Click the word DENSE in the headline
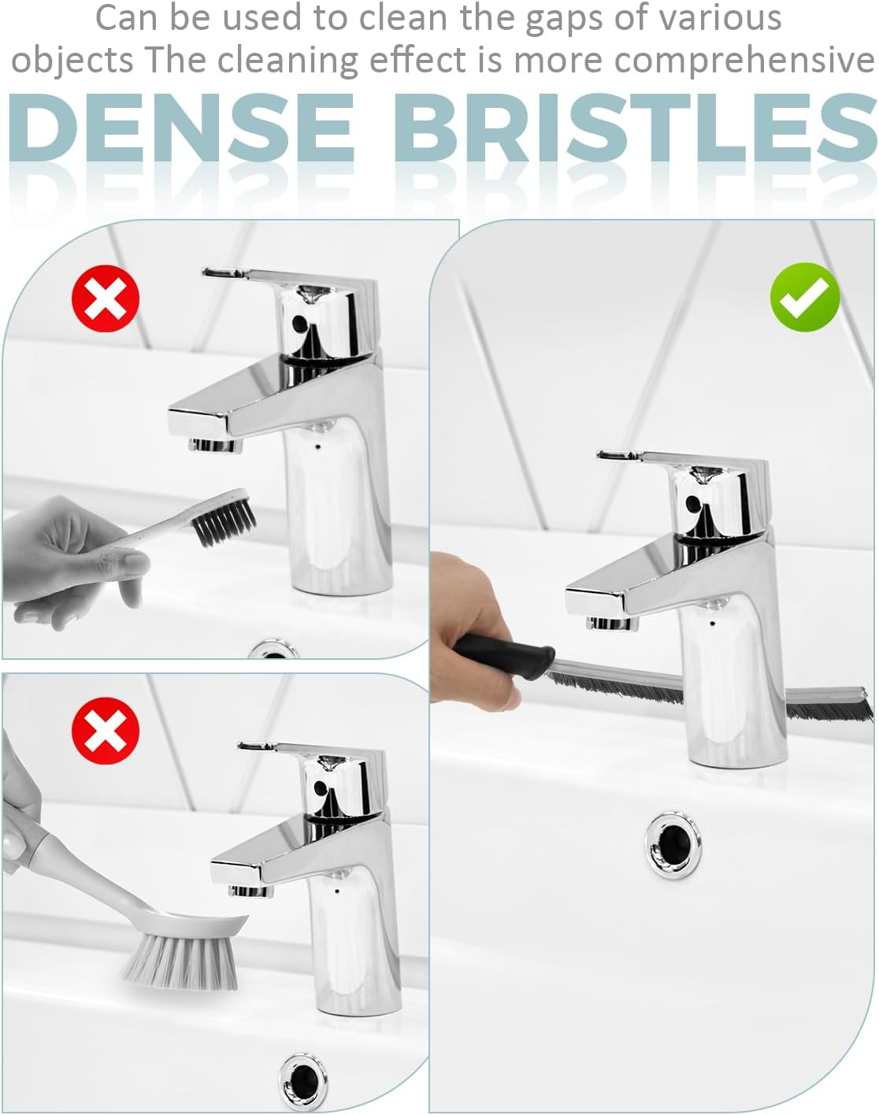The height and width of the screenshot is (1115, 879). (x=181, y=128)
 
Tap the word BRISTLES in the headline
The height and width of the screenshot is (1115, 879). (x=636, y=128)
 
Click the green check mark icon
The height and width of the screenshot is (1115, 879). (x=804, y=297)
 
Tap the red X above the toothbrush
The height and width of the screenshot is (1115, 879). (x=106, y=298)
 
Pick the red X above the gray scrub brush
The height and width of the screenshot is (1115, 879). (x=106, y=731)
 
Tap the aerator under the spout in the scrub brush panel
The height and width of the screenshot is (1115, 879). (x=250, y=891)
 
